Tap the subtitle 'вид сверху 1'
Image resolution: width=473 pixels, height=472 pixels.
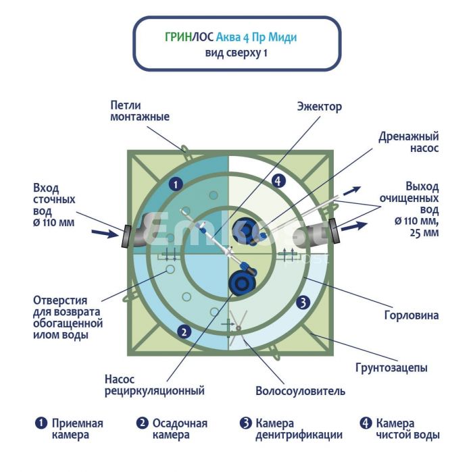pos(236,53)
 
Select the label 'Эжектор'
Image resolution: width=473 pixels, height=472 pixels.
pos(319,107)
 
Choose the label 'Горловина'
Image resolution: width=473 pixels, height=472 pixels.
pos(399,315)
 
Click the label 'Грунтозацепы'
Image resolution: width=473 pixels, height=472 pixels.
pos(391,368)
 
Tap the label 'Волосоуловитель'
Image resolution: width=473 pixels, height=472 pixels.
pos(300,391)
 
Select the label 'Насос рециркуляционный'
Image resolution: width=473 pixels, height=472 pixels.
pos(154,385)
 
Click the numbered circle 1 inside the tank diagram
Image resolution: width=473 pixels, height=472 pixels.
pos(175,183)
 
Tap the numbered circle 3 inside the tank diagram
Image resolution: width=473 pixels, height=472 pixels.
pos(303,302)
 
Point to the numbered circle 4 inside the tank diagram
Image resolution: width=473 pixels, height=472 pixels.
pos(280,180)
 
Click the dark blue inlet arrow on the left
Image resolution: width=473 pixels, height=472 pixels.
pos(102,234)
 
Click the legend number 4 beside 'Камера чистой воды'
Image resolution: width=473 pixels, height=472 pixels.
pos(366,423)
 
